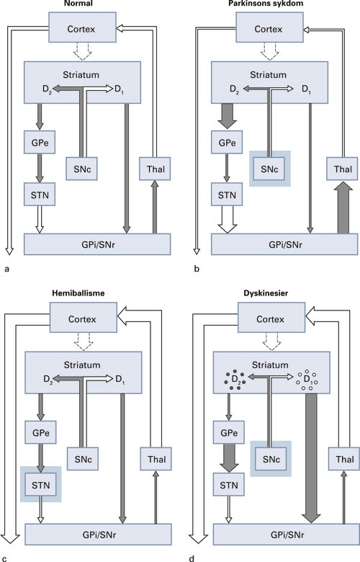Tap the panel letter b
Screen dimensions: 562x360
[196, 269]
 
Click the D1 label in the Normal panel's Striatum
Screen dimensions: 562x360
[126, 89]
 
